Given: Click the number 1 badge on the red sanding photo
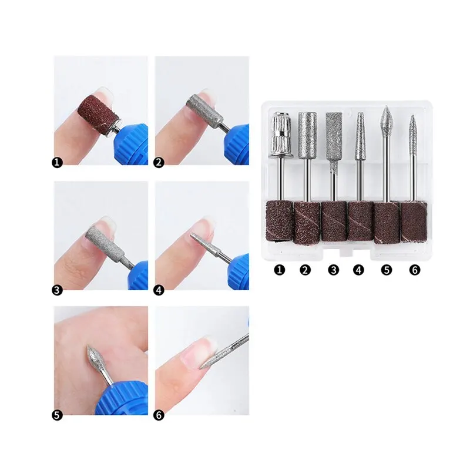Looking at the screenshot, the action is pos(57,163).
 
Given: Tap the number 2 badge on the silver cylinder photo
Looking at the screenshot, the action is pos(159,163).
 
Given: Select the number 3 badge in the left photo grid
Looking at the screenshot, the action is pos(57,290).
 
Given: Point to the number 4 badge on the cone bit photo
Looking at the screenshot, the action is pos(159,290).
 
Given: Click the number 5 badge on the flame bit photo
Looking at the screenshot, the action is pos(57,415).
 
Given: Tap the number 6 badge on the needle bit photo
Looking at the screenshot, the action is pos(159,415).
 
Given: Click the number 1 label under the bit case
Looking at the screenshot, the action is pos(280,270).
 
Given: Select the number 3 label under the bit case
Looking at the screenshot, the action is pos(333,270).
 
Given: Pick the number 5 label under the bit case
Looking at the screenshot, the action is pos(387,270).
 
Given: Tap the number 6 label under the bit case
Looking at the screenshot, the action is pos(415,270).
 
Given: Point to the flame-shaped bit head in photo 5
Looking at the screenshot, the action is pos(95,358).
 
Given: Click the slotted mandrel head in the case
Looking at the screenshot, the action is pos(281,135).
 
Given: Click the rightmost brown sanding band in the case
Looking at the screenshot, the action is pos(414,221).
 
